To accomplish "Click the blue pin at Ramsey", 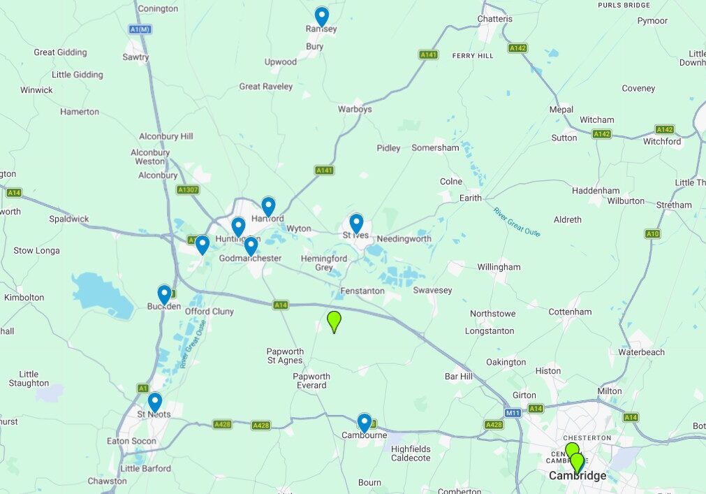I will (321, 15).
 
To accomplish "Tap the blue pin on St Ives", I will (356, 223).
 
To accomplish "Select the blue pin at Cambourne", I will (364, 422).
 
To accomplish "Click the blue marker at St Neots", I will (154, 402).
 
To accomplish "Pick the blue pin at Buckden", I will (164, 294).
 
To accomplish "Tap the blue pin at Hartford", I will (268, 205).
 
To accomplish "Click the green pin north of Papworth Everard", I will (334, 321).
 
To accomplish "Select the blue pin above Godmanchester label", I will (251, 245).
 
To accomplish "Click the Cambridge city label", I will (577, 476).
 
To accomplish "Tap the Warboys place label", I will (355, 110).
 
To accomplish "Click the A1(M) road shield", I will (140, 29).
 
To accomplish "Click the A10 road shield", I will (652, 234).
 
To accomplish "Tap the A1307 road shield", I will (188, 189).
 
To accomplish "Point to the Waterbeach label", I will (641, 352).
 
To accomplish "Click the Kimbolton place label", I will (24, 298).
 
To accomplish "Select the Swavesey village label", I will (432, 290).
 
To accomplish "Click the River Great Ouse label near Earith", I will (517, 222).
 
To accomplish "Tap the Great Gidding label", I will (61, 52).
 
